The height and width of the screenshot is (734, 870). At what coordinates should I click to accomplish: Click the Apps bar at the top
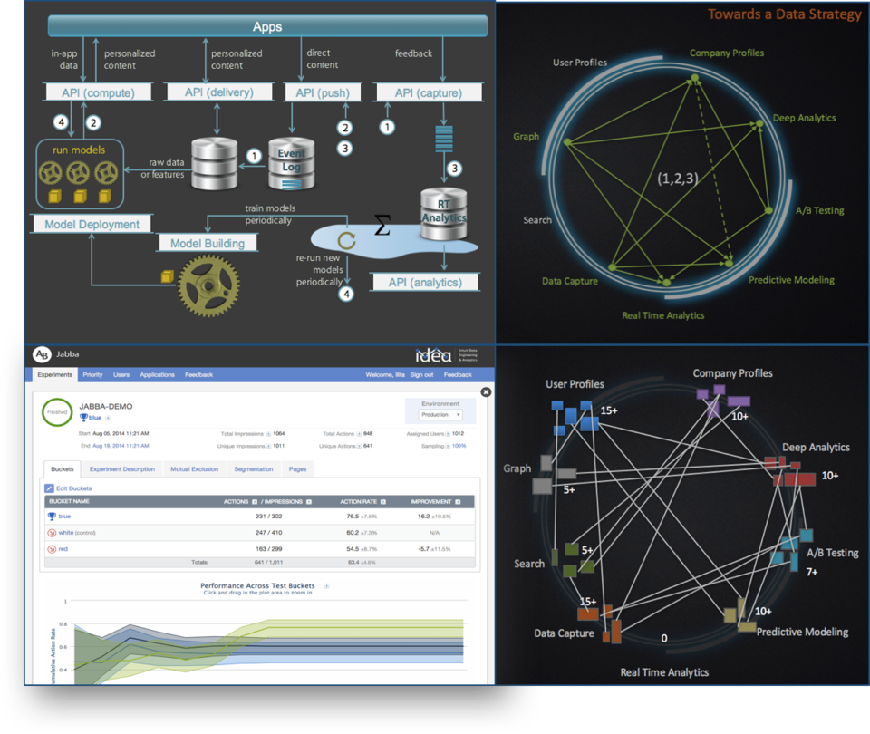[266, 26]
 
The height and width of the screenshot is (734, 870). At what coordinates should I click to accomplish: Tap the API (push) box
[323, 92]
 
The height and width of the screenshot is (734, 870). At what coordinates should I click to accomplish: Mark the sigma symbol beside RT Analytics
[382, 226]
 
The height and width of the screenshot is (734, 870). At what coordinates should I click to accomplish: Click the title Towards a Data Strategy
[784, 14]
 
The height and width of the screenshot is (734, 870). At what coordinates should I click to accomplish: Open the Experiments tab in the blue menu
[55, 374]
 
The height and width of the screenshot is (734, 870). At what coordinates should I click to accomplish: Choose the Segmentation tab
[254, 469]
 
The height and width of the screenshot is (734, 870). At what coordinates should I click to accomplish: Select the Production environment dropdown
[440, 414]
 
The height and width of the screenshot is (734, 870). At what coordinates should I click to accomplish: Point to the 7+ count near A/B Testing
[812, 573]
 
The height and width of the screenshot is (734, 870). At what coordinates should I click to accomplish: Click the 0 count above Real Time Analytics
[664, 638]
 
